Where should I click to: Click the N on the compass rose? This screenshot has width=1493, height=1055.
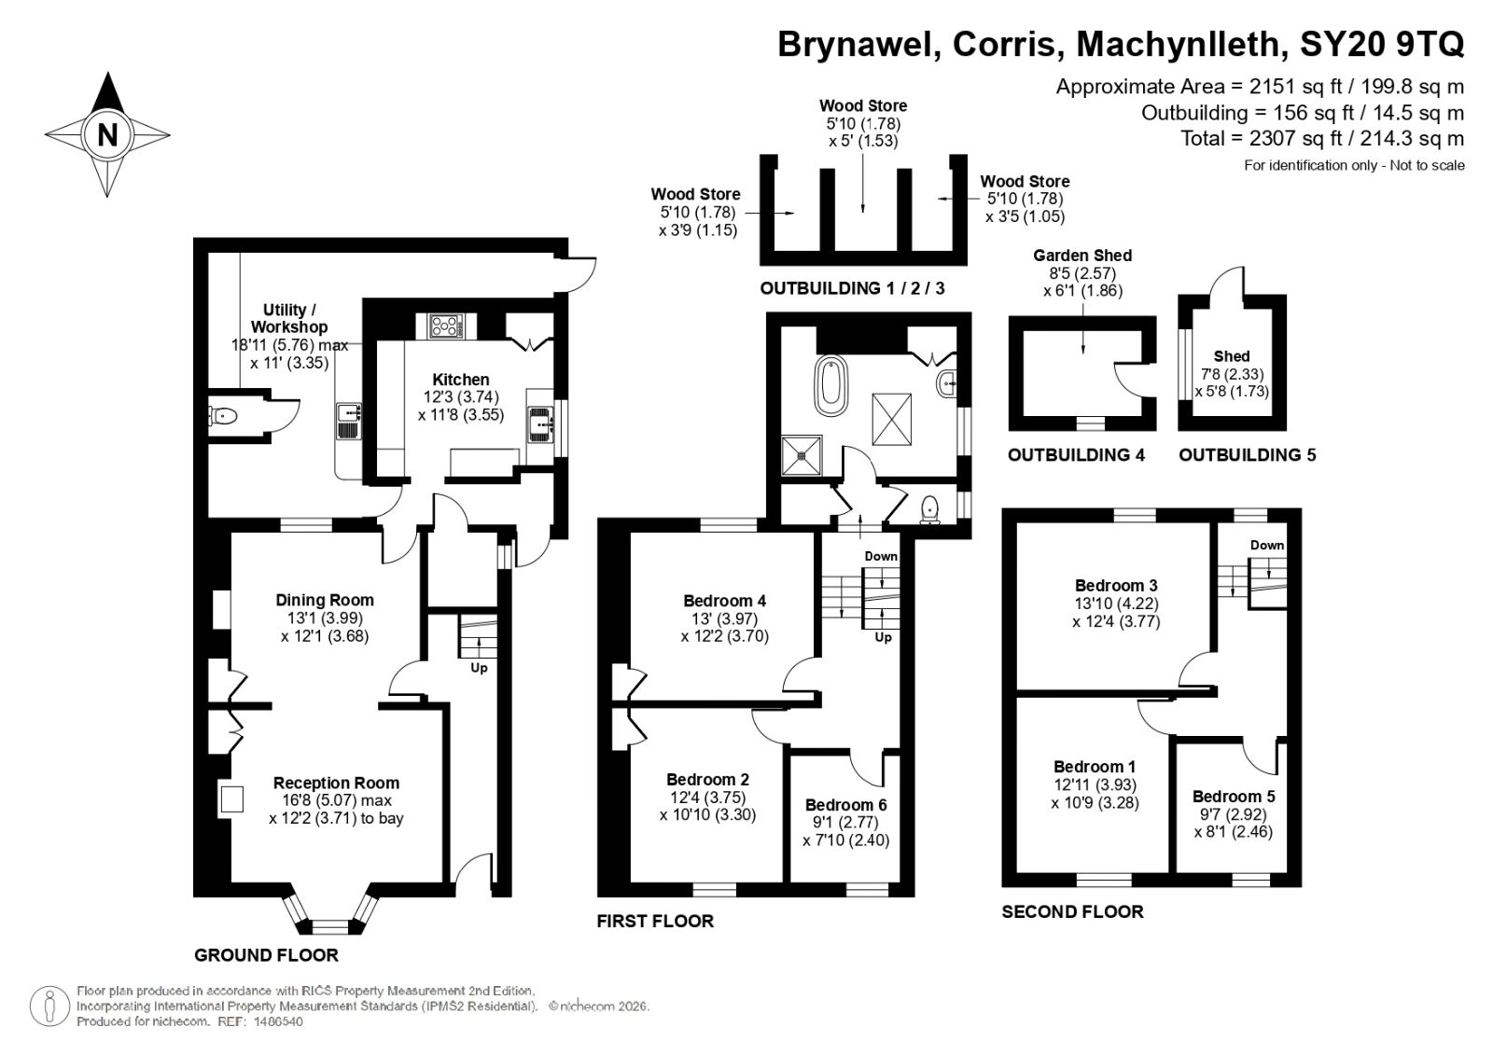(107, 134)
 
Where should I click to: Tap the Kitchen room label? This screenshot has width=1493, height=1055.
(461, 380)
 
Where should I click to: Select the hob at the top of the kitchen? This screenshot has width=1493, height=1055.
(445, 326)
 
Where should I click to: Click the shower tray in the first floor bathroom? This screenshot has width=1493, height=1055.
(802, 456)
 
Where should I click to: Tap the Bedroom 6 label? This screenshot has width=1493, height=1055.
(845, 804)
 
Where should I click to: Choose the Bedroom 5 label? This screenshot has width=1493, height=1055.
(1234, 796)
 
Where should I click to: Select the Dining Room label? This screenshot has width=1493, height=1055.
(325, 600)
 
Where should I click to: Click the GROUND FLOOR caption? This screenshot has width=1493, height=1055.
(267, 955)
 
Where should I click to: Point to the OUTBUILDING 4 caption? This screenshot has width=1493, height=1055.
(1076, 454)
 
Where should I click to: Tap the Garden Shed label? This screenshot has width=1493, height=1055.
(1082, 256)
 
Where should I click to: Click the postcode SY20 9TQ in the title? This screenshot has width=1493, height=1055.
(1382, 45)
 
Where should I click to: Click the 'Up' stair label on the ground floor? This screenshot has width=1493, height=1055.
(479, 668)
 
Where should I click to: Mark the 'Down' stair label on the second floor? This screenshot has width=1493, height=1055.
(1266, 545)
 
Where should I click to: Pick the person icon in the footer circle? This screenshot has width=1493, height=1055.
(49, 1006)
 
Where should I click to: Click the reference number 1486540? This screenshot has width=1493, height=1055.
(278, 1021)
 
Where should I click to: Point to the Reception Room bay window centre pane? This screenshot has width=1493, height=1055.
(330, 926)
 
